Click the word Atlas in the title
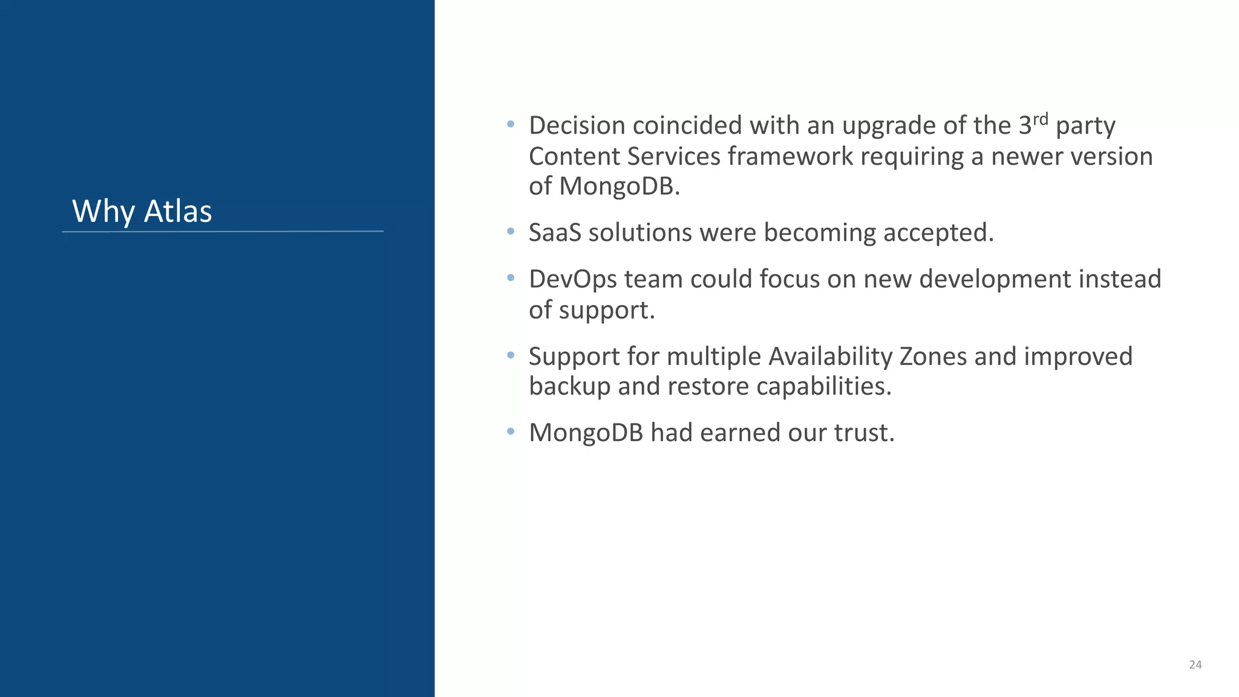(x=178, y=211)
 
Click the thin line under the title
(x=223, y=231)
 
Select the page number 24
(x=1195, y=664)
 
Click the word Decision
(x=577, y=126)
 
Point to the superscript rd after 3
(x=1040, y=119)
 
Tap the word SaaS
(x=555, y=232)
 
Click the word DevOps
(x=573, y=279)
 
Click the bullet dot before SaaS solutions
(x=511, y=231)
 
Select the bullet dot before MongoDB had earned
(x=511, y=431)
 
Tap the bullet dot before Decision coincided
(x=511, y=125)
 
